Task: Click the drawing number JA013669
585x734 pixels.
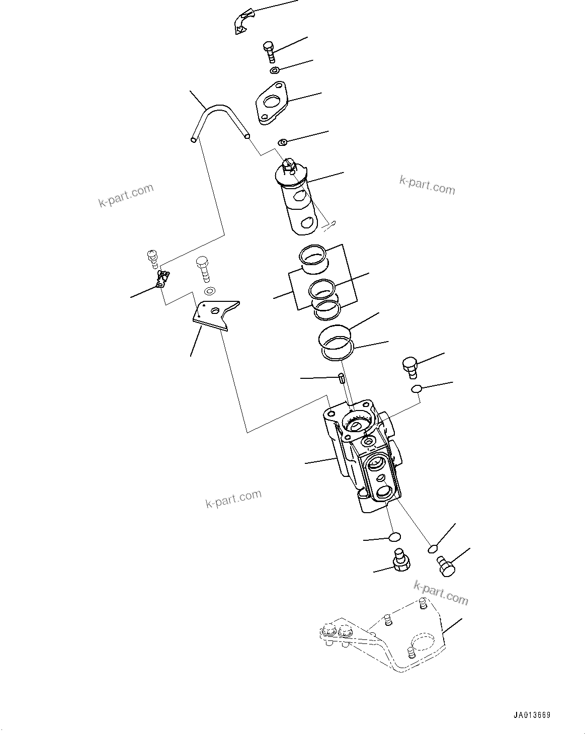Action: [532, 715]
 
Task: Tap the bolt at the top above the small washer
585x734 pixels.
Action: [269, 52]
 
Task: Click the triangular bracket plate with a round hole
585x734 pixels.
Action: [215, 315]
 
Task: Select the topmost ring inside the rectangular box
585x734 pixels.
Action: [314, 255]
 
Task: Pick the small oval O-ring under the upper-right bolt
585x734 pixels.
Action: [416, 388]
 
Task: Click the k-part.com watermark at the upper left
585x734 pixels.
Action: [126, 196]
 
